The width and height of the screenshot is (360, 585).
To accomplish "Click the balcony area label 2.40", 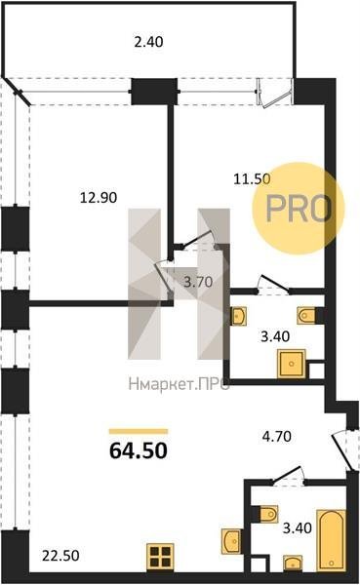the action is [x=148, y=41].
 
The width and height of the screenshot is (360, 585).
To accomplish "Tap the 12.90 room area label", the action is [x=99, y=197].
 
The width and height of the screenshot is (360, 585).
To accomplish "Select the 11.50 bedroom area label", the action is [x=252, y=179].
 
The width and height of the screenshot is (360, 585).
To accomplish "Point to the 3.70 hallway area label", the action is [x=198, y=282].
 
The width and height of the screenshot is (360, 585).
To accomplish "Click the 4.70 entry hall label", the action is [x=277, y=436].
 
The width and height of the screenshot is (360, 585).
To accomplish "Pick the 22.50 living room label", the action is [x=60, y=556].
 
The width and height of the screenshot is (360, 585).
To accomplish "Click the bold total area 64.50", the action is [x=139, y=450].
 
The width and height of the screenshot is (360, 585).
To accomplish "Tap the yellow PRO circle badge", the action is [x=298, y=209].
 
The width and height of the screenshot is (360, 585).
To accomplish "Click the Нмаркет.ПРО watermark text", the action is [x=179, y=384].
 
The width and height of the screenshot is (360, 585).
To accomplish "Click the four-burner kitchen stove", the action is [x=161, y=557].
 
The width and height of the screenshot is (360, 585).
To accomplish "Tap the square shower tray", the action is [x=292, y=364].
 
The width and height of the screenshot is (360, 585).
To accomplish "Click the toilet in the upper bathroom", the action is [x=307, y=316].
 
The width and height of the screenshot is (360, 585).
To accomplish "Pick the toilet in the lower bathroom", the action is [x=269, y=514].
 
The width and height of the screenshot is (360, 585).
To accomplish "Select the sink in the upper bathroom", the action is [x=238, y=316].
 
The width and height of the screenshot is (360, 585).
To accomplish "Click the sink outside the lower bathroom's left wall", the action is [x=231, y=540].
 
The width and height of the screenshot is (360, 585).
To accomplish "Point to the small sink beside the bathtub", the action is [x=293, y=564].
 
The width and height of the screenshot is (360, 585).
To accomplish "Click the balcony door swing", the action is [x=274, y=95].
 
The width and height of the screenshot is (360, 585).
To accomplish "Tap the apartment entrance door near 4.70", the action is [x=341, y=449].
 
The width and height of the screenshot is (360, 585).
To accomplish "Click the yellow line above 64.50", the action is [x=139, y=432].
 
